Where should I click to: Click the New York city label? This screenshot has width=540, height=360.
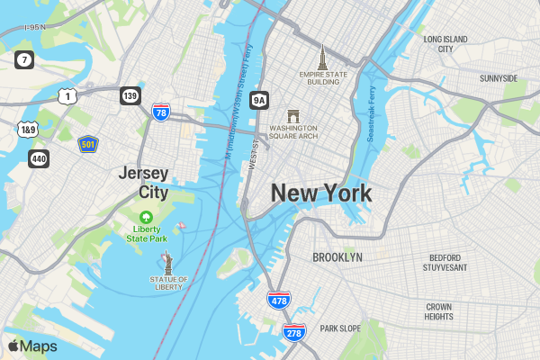tap(321, 193)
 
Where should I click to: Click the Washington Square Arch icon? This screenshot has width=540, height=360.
tap(292, 117)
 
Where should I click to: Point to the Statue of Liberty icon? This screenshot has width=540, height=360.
tap(167, 262)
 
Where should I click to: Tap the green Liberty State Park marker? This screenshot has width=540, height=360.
tap(146, 217)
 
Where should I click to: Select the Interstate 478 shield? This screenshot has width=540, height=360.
tap(278, 300)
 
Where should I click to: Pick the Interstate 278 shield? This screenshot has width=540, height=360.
tap(293, 332)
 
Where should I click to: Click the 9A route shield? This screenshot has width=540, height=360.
tap(259, 100)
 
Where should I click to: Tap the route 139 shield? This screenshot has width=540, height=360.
tap(130, 95)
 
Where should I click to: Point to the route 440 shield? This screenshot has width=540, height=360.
tap(39, 158)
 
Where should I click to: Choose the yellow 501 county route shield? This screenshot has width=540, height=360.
tap(87, 144)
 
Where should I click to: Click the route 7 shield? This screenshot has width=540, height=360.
tap(24, 60)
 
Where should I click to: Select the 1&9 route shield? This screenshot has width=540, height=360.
tap(28, 130)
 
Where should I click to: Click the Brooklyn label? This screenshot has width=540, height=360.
tap(337, 257)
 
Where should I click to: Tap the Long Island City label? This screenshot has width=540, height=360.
tap(445, 44)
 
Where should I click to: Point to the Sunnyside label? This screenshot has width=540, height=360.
tap(499, 78)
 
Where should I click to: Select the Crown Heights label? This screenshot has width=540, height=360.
tap(438, 311)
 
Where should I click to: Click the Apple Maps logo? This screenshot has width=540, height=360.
tap(32, 346)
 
